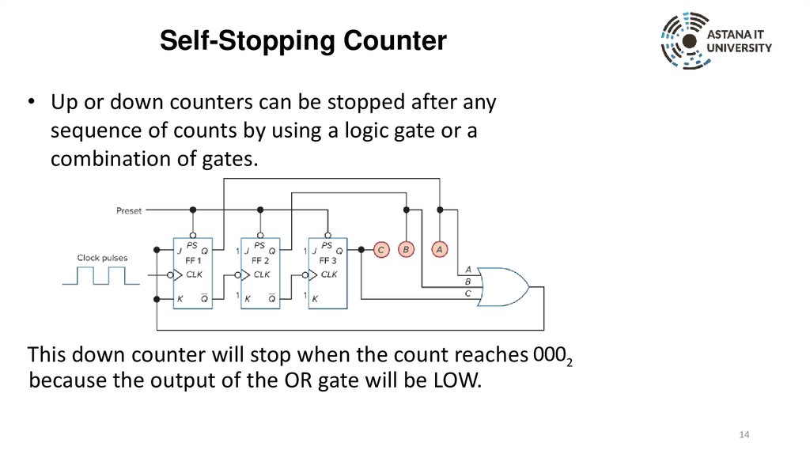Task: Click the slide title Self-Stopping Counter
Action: pos(303,40)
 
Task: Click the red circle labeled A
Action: pos(440,249)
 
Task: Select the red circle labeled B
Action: pos(406,249)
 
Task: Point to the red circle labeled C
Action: pos(380,249)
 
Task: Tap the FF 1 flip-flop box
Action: pos(193,274)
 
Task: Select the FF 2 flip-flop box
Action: pos(261,274)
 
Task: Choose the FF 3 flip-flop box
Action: pos(327,274)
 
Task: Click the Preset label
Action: pos(128,210)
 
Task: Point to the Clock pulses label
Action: pos(102,258)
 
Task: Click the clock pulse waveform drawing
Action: pos(100,276)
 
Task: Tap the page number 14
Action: pos(744,436)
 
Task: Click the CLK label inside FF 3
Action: pos(328,274)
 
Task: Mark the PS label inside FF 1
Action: pos(192,244)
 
